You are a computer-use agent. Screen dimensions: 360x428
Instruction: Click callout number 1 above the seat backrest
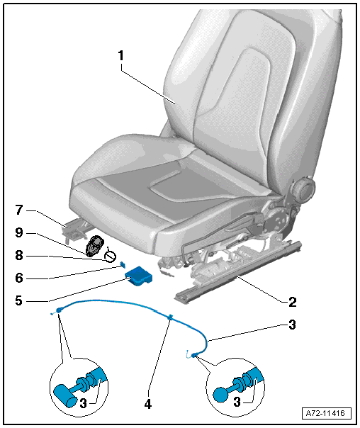click(121, 56)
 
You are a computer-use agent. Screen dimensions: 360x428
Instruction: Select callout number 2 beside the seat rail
click(292, 302)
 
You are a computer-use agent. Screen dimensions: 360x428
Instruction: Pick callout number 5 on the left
click(18, 300)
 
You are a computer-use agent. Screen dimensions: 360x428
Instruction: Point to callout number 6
click(19, 278)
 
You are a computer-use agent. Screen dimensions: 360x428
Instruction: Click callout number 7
click(19, 210)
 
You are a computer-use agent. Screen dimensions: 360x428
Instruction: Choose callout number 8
click(19, 256)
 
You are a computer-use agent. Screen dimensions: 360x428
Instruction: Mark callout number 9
click(19, 233)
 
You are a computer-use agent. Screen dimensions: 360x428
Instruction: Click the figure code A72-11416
click(325, 413)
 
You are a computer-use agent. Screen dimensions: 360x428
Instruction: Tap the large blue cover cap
click(138, 276)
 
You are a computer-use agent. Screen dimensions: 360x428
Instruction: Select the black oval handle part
click(95, 246)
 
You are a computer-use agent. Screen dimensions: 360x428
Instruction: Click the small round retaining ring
click(111, 256)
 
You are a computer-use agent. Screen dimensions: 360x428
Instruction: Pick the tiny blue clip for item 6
click(123, 264)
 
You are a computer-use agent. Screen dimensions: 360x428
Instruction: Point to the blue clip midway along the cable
click(170, 317)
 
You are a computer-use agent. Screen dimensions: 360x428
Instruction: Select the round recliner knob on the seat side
click(303, 189)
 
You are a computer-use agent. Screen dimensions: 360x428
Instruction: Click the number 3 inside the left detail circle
click(83, 403)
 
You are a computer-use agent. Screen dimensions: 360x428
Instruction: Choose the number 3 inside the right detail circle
click(237, 402)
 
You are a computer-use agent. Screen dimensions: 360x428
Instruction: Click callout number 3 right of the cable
click(292, 325)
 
